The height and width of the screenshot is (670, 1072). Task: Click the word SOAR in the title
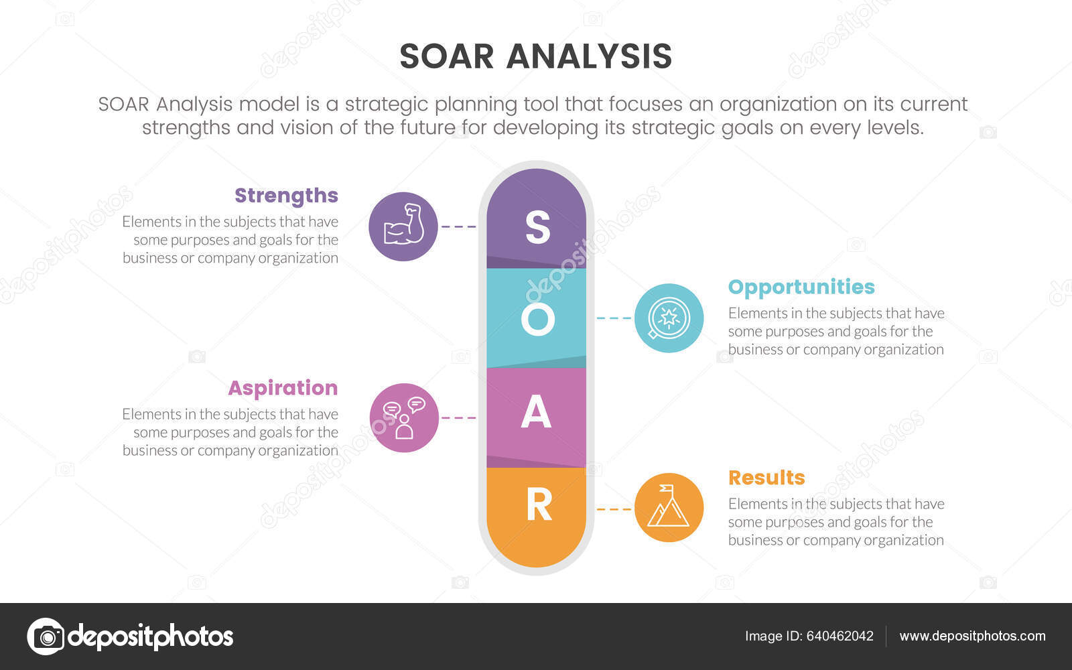point(446,56)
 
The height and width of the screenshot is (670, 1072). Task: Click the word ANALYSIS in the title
point(589,56)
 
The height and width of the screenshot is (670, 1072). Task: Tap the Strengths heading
point(286,195)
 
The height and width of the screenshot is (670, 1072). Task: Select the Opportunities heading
point(801,287)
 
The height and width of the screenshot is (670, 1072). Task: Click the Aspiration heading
point(283,388)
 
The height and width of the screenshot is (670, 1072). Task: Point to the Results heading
point(766,478)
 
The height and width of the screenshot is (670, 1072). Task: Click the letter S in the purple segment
point(537,227)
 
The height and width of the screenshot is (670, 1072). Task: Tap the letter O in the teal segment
point(537,320)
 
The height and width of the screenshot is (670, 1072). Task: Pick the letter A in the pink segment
point(536,412)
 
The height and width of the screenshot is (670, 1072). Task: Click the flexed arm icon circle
point(403,226)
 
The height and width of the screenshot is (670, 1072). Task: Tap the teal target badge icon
point(669,318)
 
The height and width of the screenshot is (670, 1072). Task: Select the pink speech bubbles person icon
point(404,417)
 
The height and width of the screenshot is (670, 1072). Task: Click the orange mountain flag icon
point(669,508)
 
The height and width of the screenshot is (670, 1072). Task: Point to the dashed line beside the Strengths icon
point(459,226)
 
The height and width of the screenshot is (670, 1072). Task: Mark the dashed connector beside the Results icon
point(614,509)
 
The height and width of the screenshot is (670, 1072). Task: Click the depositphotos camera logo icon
point(46,636)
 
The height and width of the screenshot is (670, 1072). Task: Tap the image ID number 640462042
point(840,636)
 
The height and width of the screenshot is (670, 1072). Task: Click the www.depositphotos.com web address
point(972,636)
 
